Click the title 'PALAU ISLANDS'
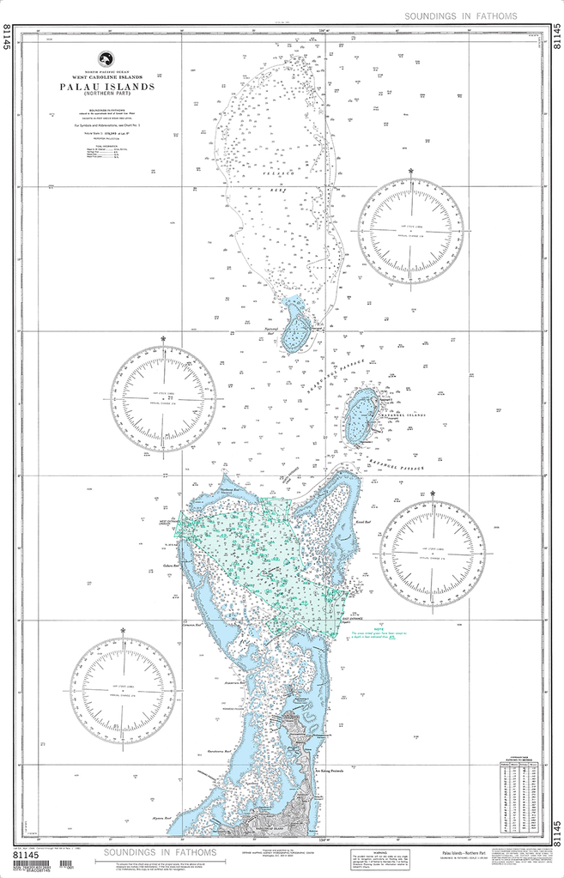click(x=107, y=88)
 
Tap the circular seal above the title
click(x=107, y=59)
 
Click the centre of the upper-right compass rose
click(x=410, y=232)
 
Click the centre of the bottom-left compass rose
click(x=123, y=690)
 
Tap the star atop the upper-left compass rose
click(x=163, y=339)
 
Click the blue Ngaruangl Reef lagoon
click(x=297, y=330)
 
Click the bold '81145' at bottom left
click(x=28, y=856)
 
